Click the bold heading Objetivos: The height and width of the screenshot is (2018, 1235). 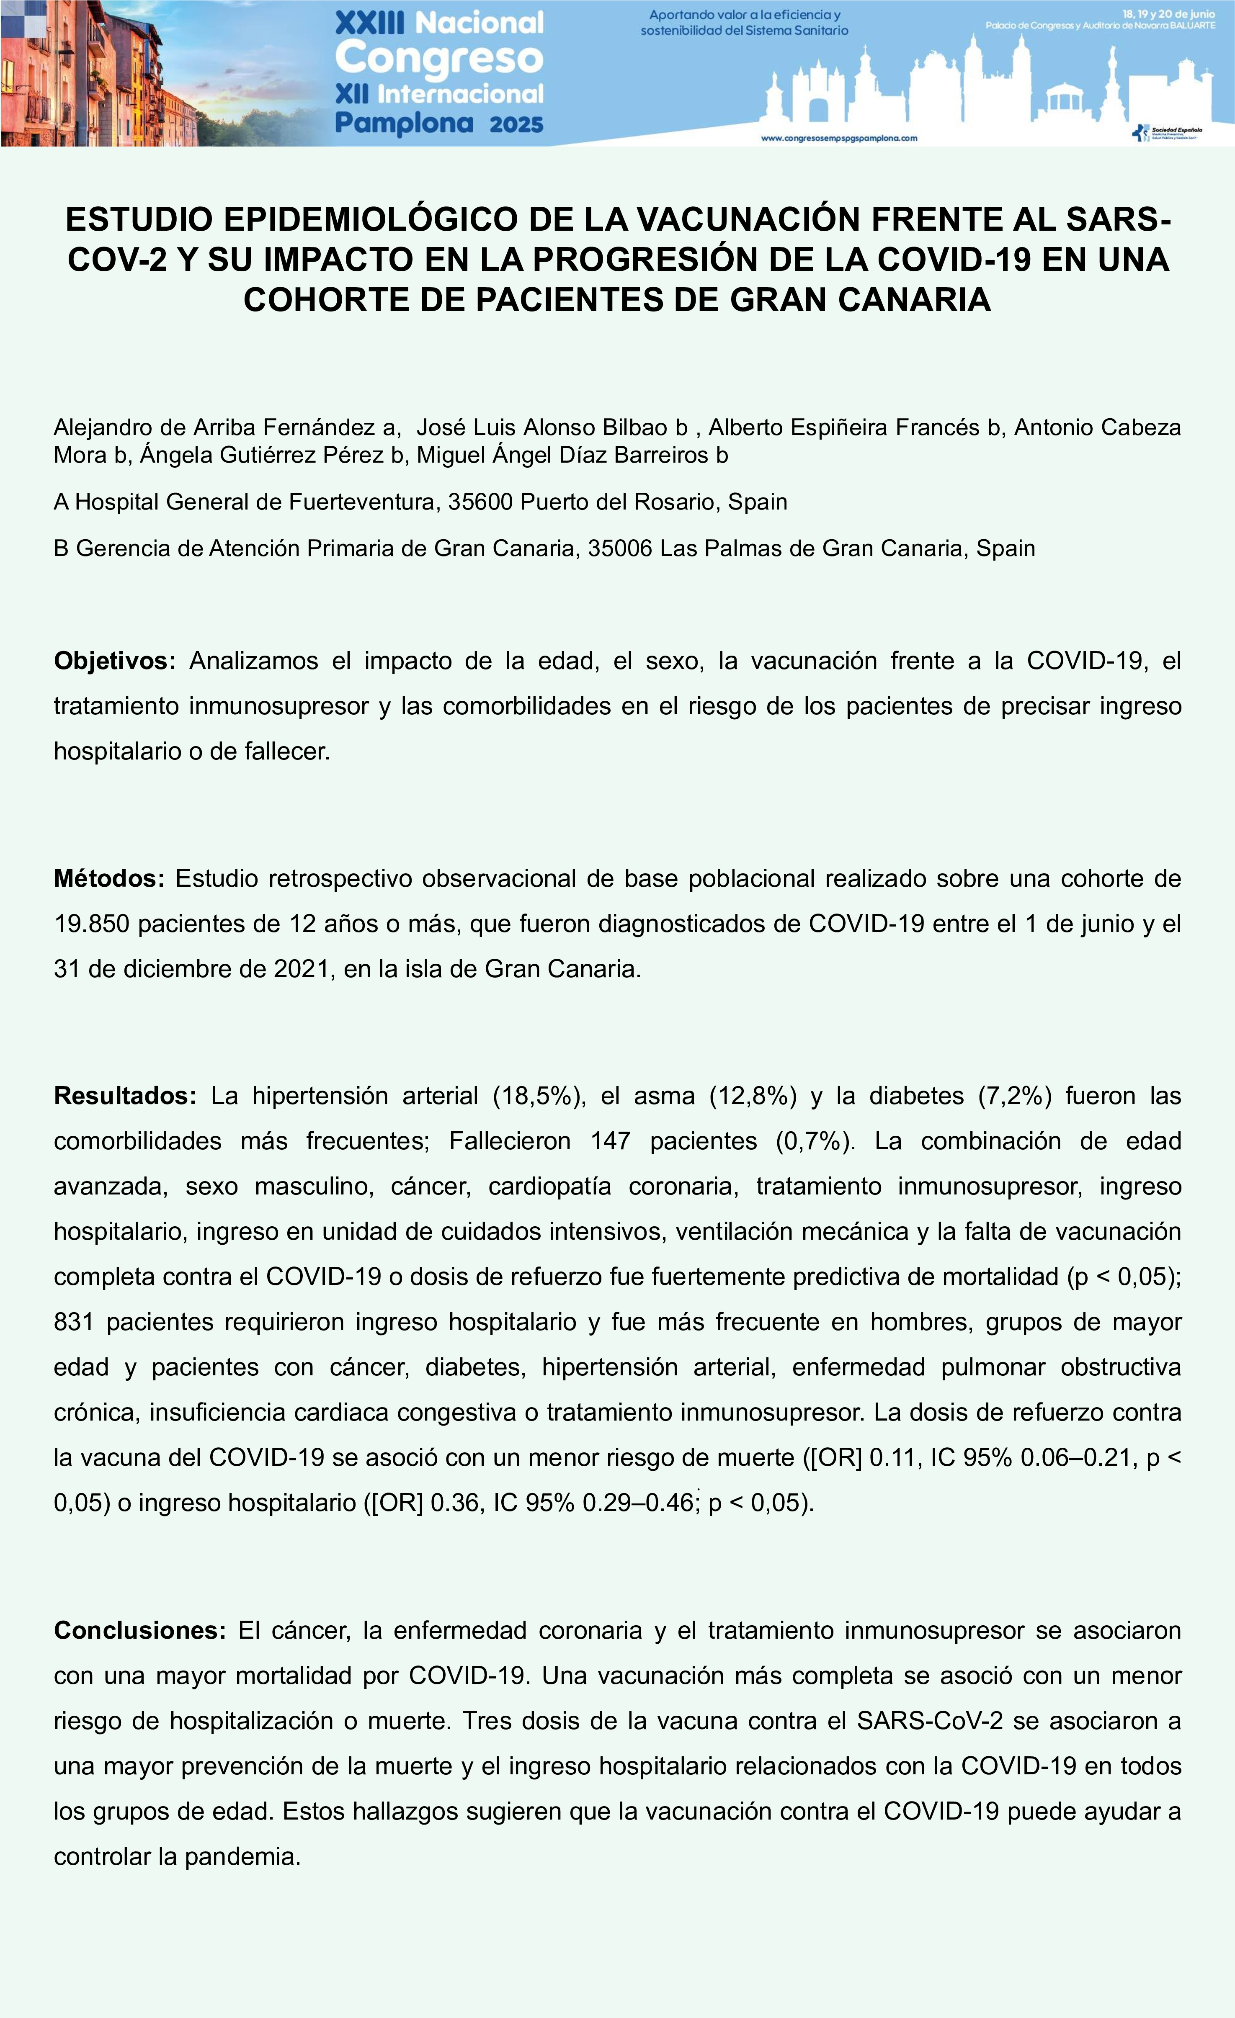(115, 661)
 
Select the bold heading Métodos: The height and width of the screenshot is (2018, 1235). (109, 879)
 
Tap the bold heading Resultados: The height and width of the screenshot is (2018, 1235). (124, 1096)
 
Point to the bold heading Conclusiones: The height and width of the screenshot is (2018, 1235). (139, 1631)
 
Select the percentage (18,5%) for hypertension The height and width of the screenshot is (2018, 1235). (539, 1096)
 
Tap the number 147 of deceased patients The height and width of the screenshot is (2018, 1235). (610, 1141)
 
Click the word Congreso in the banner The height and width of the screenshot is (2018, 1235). (439, 58)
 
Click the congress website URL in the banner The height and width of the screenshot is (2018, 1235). (839, 139)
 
